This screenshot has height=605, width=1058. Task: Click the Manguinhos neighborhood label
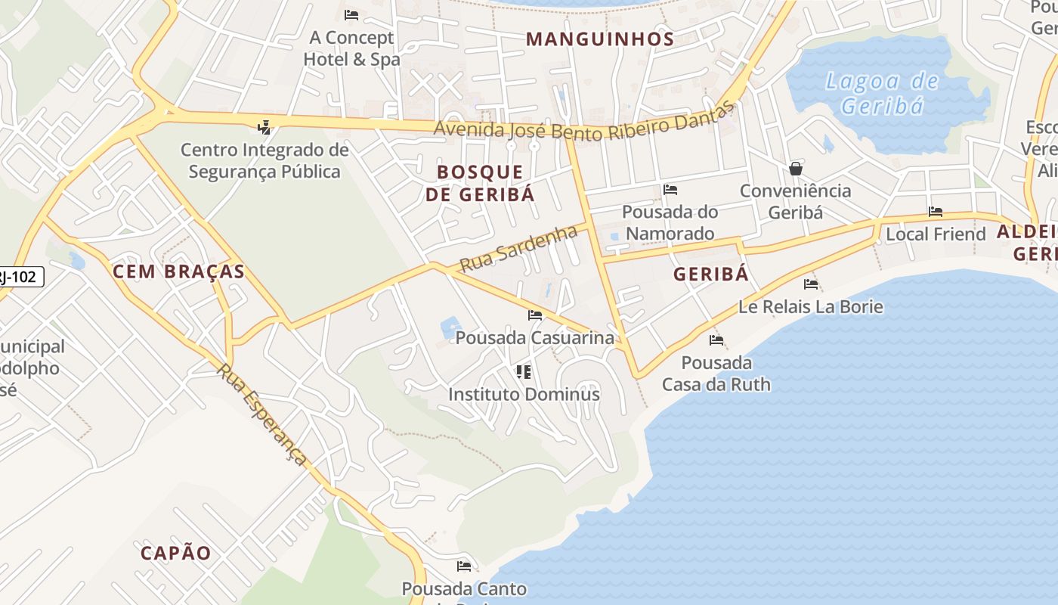600,39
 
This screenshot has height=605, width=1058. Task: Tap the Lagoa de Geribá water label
882,93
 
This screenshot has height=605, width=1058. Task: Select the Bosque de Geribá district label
480,183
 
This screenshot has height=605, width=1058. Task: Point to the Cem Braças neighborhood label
179,272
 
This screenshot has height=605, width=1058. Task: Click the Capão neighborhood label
176,553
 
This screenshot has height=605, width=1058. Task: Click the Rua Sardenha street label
518,249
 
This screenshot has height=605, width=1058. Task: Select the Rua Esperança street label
262,414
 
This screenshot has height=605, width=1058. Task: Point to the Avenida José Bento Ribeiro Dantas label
584,126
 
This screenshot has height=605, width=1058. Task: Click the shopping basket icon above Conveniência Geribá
795,168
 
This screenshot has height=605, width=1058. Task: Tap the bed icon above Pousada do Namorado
670,190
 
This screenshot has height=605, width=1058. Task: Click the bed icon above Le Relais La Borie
811,284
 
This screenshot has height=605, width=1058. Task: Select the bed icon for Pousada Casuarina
535,315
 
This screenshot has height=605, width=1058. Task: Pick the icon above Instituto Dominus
523,371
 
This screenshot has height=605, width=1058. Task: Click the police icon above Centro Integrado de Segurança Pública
264,127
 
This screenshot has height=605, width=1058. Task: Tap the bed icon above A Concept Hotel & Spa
351,14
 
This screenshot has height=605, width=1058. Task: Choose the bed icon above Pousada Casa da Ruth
716,340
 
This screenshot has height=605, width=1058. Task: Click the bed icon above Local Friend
936,212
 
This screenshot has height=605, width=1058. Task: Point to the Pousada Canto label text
464,588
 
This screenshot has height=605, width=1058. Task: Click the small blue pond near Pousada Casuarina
450,327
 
